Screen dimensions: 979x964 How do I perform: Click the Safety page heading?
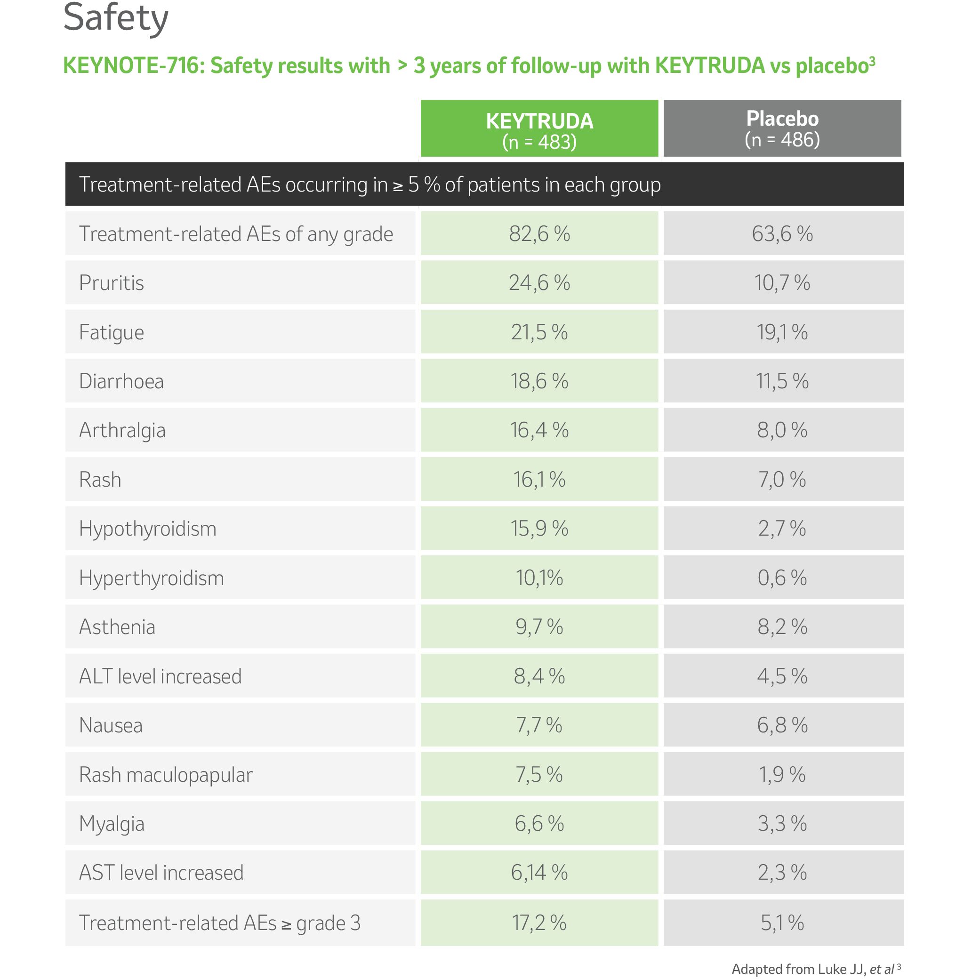pyautogui.click(x=115, y=18)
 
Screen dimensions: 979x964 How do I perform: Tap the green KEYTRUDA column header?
pyautogui.click(x=539, y=129)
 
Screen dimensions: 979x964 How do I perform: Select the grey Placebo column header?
pyautogui.click(x=782, y=128)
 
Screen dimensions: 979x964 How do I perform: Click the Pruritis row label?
pyautogui.click(x=112, y=282)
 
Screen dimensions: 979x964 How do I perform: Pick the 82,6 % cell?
pyautogui.click(x=539, y=234)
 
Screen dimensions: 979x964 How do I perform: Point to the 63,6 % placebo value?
pyautogui.click(x=782, y=234)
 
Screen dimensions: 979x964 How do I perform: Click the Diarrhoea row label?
pyautogui.click(x=121, y=381)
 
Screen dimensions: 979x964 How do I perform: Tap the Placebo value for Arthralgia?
pyautogui.click(x=782, y=430)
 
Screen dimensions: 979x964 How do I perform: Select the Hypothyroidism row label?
pyautogui.click(x=147, y=529)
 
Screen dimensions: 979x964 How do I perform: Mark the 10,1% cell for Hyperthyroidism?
pyautogui.click(x=539, y=578)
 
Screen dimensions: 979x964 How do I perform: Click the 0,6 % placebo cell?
pyautogui.click(x=782, y=578)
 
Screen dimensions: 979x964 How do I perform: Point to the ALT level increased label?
pyautogui.click(x=160, y=676)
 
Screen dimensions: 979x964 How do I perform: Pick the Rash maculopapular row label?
pyautogui.click(x=166, y=775)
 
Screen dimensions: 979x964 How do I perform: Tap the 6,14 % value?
pyautogui.click(x=539, y=872)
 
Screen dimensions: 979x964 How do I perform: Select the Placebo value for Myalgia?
pyautogui.click(x=782, y=824)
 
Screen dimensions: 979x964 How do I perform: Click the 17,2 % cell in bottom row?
pyautogui.click(x=539, y=923)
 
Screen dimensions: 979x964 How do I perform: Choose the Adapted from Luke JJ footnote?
pyautogui.click(x=815, y=969)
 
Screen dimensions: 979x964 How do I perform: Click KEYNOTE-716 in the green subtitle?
pyautogui.click(x=133, y=66)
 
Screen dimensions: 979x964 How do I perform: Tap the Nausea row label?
pyautogui.click(x=111, y=725)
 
